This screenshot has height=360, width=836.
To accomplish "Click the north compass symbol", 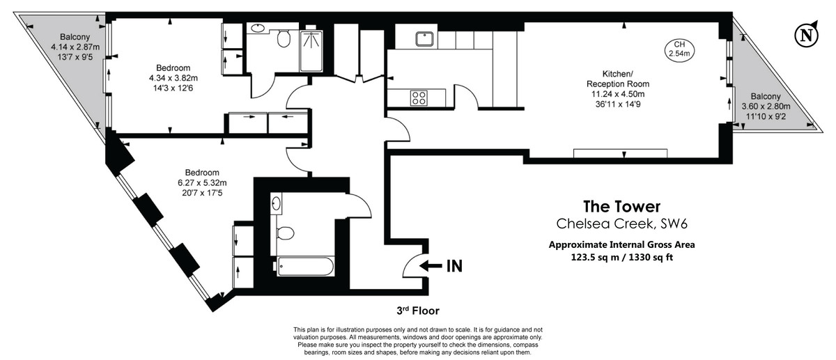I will pyautogui.click(x=806, y=33).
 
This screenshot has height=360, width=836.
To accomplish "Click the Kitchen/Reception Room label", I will pyautogui.click(x=617, y=79).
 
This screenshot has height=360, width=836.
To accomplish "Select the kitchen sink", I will pyautogui.click(x=423, y=38).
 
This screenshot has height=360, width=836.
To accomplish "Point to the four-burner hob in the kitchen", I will pyautogui.click(x=419, y=97).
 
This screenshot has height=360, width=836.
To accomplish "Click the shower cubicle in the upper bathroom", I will pyautogui.click(x=312, y=49).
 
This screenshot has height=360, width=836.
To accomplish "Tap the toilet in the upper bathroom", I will pyautogui.click(x=284, y=39).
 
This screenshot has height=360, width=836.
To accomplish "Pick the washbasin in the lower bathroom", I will pyautogui.click(x=277, y=204).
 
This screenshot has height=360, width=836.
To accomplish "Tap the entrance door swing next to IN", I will pyautogui.click(x=412, y=264).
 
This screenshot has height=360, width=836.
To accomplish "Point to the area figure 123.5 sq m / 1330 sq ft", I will pyautogui.click(x=621, y=257).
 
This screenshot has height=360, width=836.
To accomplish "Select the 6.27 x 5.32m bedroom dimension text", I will pyautogui.click(x=202, y=183).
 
